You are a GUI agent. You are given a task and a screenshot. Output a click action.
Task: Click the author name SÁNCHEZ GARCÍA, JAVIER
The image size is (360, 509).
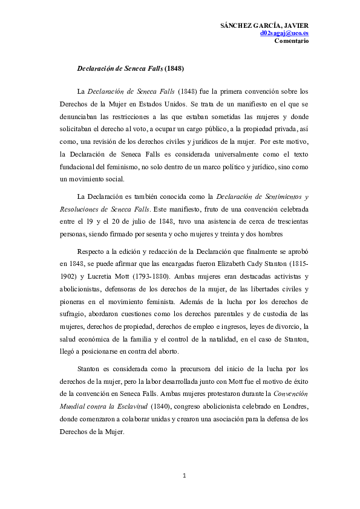(x=265, y=26)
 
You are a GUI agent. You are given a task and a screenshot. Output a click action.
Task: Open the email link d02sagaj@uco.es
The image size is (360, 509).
(x=284, y=34)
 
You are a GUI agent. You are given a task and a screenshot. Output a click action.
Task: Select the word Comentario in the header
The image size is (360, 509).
(x=292, y=41)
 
